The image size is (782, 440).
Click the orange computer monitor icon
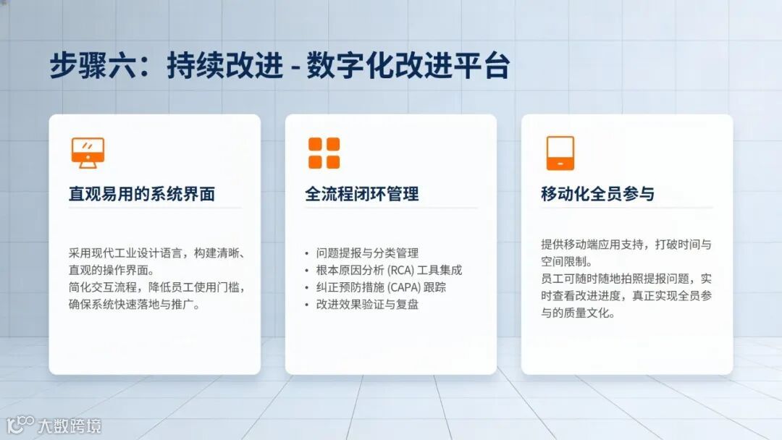(88, 153)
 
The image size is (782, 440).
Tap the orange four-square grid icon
(324, 153)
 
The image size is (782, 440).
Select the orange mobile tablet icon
(560, 153)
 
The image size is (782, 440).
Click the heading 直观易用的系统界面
(142, 194)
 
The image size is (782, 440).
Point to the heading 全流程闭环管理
(362, 194)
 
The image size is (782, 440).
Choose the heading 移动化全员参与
(597, 194)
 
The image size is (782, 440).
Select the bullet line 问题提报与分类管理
(368, 253)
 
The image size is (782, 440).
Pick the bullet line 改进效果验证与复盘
(368, 305)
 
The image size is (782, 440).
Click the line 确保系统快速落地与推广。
(135, 305)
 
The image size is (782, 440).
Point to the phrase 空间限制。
(568, 261)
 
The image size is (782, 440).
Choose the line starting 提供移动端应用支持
(626, 244)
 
